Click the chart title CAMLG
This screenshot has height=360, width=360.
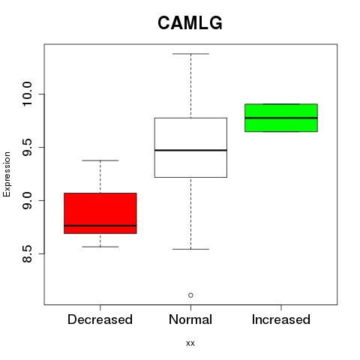pos(190,22)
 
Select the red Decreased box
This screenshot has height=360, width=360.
pos(100,213)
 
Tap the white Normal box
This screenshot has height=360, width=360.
pos(190,148)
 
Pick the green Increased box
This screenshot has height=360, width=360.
pos(281,118)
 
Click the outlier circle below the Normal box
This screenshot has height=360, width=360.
pos(190,295)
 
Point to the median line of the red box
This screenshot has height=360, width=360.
pos(100,226)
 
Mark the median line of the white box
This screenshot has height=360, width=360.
pos(190,150)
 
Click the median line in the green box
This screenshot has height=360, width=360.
pos(281,118)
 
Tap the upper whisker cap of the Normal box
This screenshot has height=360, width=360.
pos(190,54)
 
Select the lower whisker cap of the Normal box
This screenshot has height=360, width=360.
pos(190,249)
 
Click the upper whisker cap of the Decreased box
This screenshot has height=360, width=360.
pos(100,160)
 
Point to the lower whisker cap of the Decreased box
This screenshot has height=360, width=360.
pos(100,247)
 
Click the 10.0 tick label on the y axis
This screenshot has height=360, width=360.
pos(27,94)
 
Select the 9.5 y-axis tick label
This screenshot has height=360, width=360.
pos(27,148)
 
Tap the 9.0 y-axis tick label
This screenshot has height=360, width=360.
pos(27,200)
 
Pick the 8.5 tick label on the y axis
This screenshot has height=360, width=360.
pos(27,253)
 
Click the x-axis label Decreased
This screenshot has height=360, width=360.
pos(100,319)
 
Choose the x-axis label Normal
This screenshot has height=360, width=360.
pos(190,319)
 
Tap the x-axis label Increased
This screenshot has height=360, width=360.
pos(281,319)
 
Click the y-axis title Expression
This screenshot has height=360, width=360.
pos(7,174)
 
